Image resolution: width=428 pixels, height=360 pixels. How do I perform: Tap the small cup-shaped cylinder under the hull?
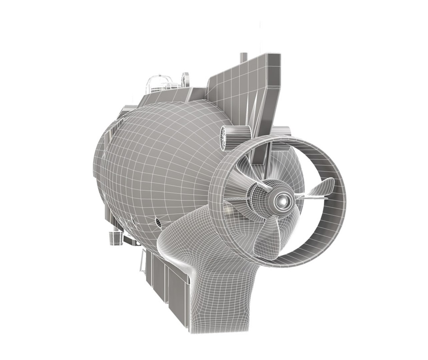pyautogui.click(x=114, y=238)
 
